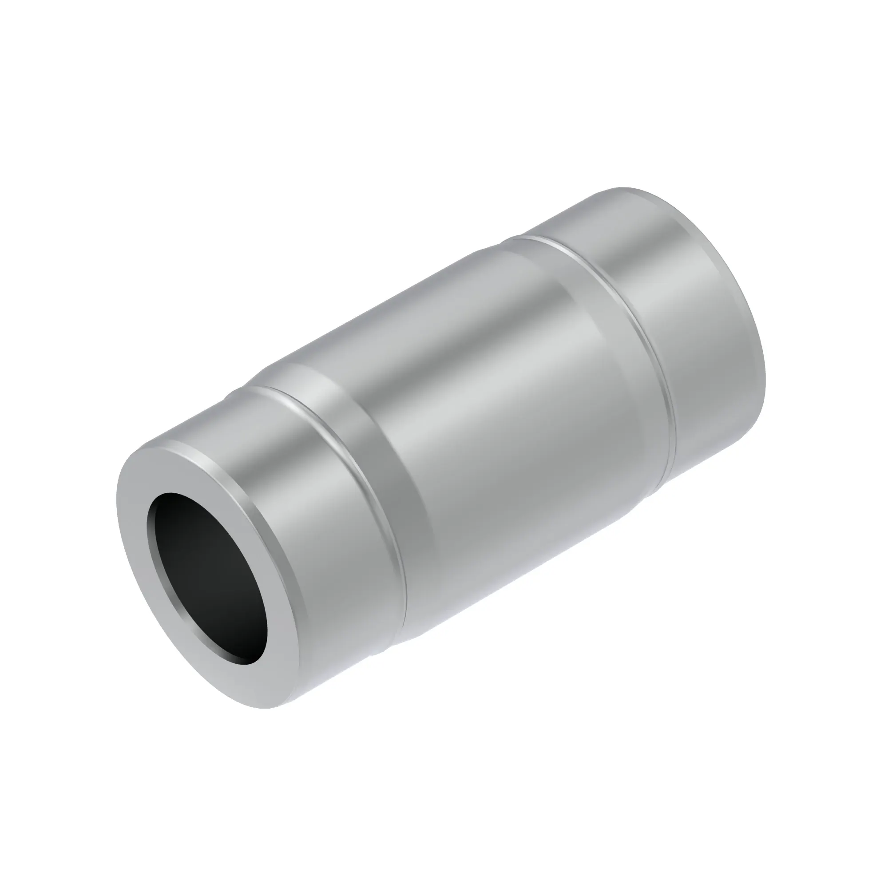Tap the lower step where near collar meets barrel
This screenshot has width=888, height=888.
381,653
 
